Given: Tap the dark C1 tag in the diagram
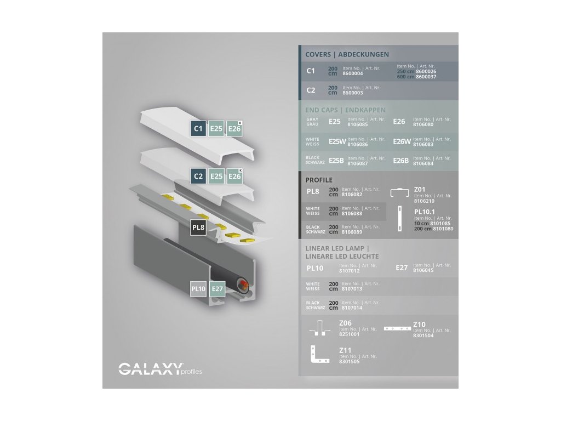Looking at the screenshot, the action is point(198,128).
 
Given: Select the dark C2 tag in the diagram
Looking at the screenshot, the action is point(198,176).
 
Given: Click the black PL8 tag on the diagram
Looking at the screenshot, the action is point(198,227).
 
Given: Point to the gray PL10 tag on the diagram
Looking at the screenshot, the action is point(198,288).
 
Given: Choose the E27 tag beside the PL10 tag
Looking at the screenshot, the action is point(217,288).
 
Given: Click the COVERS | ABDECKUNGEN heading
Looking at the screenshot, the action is point(347,54).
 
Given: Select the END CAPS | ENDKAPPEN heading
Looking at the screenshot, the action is point(345,110).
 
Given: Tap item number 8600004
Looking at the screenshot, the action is point(352,73).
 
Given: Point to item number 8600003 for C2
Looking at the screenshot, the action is point(352,93).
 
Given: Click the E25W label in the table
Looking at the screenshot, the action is point(337,141).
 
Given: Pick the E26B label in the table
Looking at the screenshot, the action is point(401,161).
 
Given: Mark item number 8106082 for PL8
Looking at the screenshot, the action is point(352,194).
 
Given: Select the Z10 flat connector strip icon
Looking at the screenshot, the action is point(397,328).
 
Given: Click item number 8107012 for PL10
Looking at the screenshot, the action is point(350,270).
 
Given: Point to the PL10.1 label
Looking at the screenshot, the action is point(425,211).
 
